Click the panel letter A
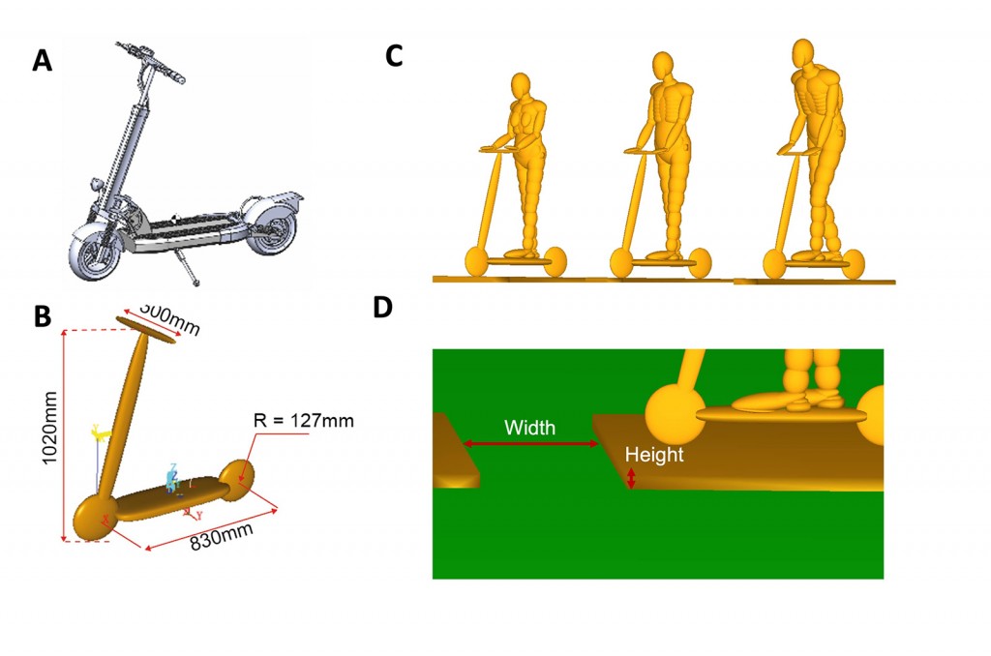point(43,61)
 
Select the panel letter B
point(43,316)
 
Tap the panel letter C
point(394,56)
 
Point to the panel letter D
point(383,307)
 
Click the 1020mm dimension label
point(49,428)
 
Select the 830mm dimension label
point(222,537)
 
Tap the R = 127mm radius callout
point(303,420)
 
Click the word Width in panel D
point(529,428)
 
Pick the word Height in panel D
point(654,455)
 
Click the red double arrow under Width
point(531,444)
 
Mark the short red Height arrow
point(631,478)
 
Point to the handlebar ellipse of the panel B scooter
point(146,329)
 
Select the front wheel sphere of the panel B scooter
point(95,518)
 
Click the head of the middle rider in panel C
point(662,66)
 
